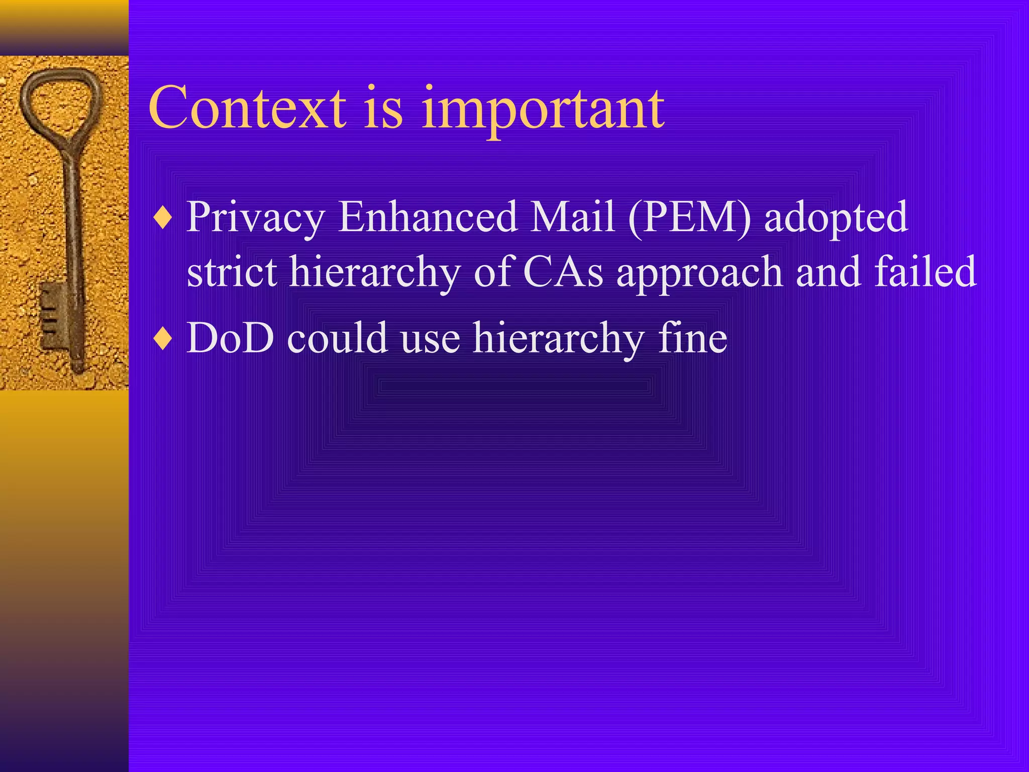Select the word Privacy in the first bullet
point(256,218)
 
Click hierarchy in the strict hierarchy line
point(375,273)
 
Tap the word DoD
point(230,338)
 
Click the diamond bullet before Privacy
point(163,218)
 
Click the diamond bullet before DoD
point(163,339)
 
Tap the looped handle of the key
point(60,101)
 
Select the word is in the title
point(384,108)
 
